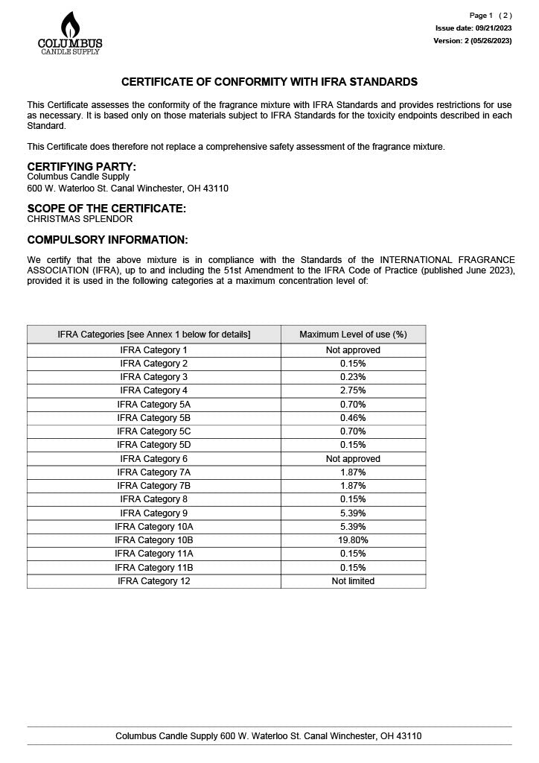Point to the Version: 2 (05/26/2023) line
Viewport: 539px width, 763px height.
coord(473,41)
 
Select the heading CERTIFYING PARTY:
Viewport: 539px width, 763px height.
coord(82,166)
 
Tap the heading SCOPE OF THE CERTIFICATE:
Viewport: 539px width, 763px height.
coord(106,208)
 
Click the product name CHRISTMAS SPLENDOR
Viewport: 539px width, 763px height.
coord(80,219)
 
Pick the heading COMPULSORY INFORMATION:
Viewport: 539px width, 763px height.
coord(107,240)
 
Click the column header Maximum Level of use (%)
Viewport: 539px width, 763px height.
coord(353,335)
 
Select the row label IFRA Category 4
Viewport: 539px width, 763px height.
coord(154,390)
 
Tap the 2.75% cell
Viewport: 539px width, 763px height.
coord(353,390)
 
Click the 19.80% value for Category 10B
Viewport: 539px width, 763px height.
coord(353,540)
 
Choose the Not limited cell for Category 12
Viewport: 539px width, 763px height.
coord(353,581)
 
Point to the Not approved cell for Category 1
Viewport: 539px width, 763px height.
coord(353,350)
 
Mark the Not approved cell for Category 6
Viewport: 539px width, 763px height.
coord(353,459)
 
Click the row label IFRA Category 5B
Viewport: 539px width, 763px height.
coord(154,418)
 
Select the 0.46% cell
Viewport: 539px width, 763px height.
coord(353,418)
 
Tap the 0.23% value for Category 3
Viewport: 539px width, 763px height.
coord(353,377)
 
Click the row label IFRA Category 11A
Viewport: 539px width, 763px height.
coord(154,554)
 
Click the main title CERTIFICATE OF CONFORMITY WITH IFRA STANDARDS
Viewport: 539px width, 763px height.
coord(269,82)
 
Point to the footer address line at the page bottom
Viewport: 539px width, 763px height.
coord(268,736)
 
